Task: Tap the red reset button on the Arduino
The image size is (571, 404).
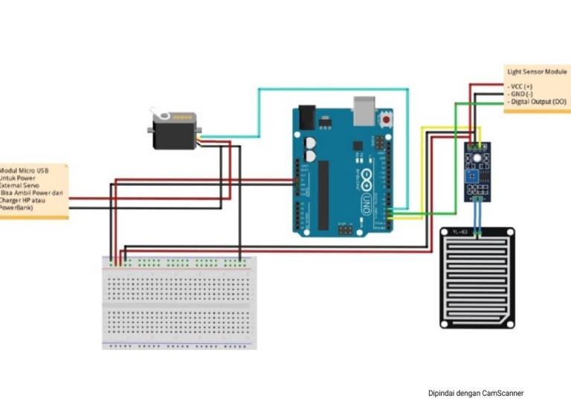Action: (385, 118)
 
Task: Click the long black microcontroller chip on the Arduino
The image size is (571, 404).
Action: (323, 193)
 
